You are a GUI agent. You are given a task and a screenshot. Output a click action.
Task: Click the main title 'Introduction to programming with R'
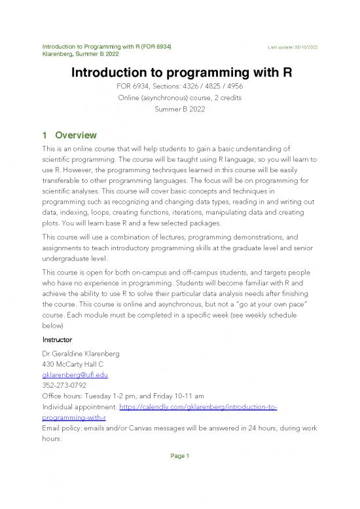coord(180,71)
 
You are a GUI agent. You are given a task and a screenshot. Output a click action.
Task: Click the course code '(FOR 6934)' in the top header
coord(154,46)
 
